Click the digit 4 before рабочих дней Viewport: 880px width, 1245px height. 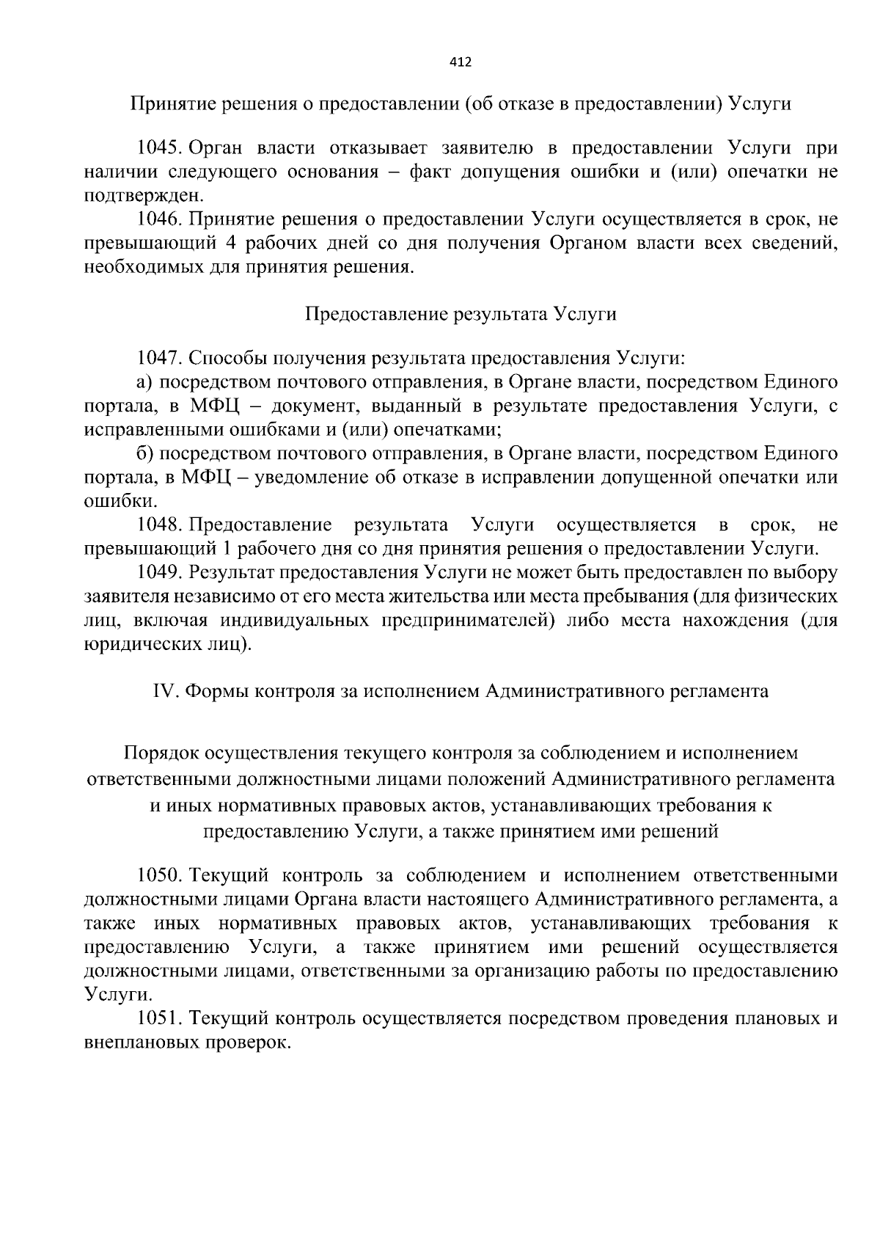[x=228, y=244]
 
